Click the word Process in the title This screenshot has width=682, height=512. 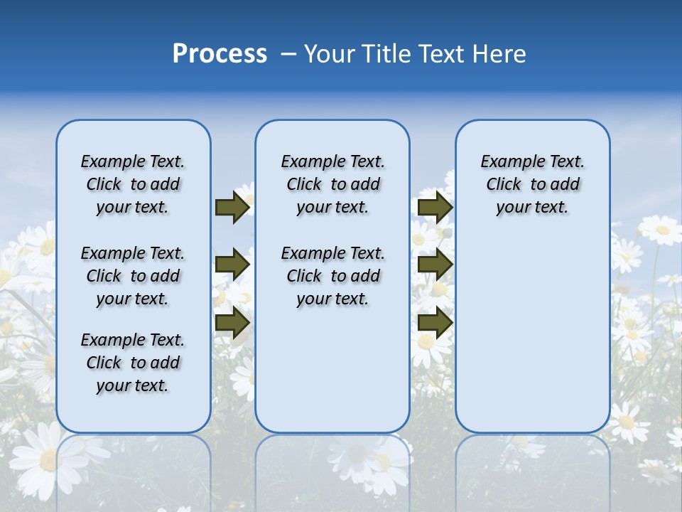click(x=220, y=54)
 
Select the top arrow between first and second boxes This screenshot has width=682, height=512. click(x=232, y=207)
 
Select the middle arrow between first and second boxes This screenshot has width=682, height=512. click(x=232, y=265)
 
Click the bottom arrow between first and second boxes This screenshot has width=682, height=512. click(x=232, y=322)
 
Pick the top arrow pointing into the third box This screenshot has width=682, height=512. click(x=435, y=207)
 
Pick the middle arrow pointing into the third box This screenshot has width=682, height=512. click(x=435, y=265)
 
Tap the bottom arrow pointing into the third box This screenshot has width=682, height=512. click(x=435, y=322)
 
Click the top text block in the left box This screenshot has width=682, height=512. click(x=133, y=184)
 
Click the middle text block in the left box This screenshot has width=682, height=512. click(x=133, y=276)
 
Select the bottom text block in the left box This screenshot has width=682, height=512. click(x=133, y=363)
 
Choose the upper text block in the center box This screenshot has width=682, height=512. click(x=332, y=184)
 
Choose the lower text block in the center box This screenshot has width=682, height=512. click(x=332, y=276)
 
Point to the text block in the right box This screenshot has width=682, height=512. click(x=532, y=184)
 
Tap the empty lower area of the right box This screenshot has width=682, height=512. click(x=532, y=341)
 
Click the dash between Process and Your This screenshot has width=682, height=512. click(x=287, y=54)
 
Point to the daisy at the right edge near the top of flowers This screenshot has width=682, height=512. click(x=661, y=230)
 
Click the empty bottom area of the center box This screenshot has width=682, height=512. click(x=332, y=377)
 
